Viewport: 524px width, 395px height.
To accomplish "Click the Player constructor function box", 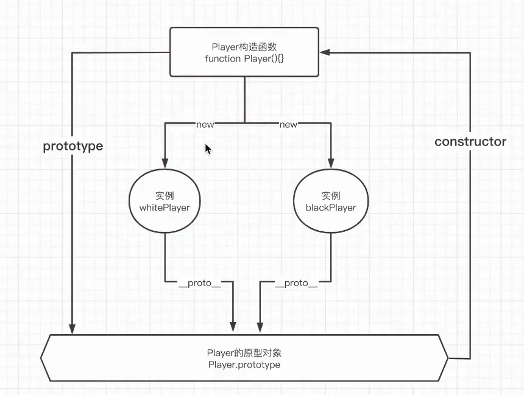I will pos(244,52).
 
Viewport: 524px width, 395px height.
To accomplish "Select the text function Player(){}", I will pos(244,58).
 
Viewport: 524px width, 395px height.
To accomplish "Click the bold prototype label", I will pos(73,147).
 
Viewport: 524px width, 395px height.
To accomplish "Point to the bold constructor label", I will pos(470,142).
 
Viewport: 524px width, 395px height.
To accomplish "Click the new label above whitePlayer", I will pos(205,124).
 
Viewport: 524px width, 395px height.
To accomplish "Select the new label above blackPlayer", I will pos(288,124).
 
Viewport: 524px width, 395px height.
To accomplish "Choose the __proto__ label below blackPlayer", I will pos(296,283).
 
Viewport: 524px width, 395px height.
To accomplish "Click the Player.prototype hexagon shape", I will pos(244,358).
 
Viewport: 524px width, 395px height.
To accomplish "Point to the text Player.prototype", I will pos(244,365).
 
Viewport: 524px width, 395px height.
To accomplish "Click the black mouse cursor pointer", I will pos(208,149).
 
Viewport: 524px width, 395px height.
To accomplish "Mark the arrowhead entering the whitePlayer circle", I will pos(165,164).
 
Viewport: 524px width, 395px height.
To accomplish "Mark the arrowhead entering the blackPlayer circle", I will pos(330,164).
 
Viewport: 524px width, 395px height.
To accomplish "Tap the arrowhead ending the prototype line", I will pos(73,329).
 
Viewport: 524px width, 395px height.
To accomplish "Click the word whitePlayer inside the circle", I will pos(165,208).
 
